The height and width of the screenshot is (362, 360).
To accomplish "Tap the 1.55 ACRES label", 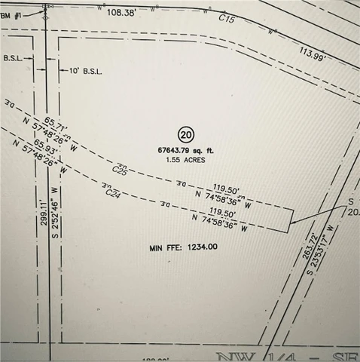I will [187, 160].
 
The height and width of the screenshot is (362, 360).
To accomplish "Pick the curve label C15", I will [229, 18].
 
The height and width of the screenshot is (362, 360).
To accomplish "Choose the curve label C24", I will [113, 194].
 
